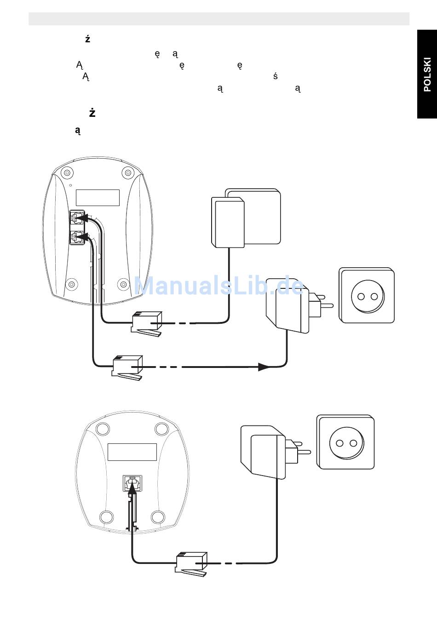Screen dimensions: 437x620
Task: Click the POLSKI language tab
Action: [427, 75]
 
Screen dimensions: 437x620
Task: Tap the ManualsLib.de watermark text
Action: [219, 287]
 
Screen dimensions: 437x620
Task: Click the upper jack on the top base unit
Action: [76, 218]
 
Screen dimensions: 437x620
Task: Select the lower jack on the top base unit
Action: [76, 237]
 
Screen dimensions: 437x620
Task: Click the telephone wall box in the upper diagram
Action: [245, 218]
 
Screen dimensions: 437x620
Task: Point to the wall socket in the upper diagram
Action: [367, 295]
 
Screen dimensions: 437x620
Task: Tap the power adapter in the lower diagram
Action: [265, 451]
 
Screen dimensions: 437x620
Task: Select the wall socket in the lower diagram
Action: [346, 442]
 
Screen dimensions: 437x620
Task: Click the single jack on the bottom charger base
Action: [132, 483]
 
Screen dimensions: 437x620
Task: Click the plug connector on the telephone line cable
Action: [147, 324]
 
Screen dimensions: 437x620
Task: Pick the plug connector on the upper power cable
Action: [127, 367]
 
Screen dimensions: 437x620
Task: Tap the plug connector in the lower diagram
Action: [191, 563]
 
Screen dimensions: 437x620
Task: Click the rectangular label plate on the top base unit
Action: [98, 198]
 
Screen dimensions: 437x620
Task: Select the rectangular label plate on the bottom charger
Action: [132, 452]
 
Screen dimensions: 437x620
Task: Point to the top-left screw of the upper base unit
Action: [67, 173]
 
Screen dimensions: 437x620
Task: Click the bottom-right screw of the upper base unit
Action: [123, 284]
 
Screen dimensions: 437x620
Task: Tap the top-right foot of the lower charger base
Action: [161, 429]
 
